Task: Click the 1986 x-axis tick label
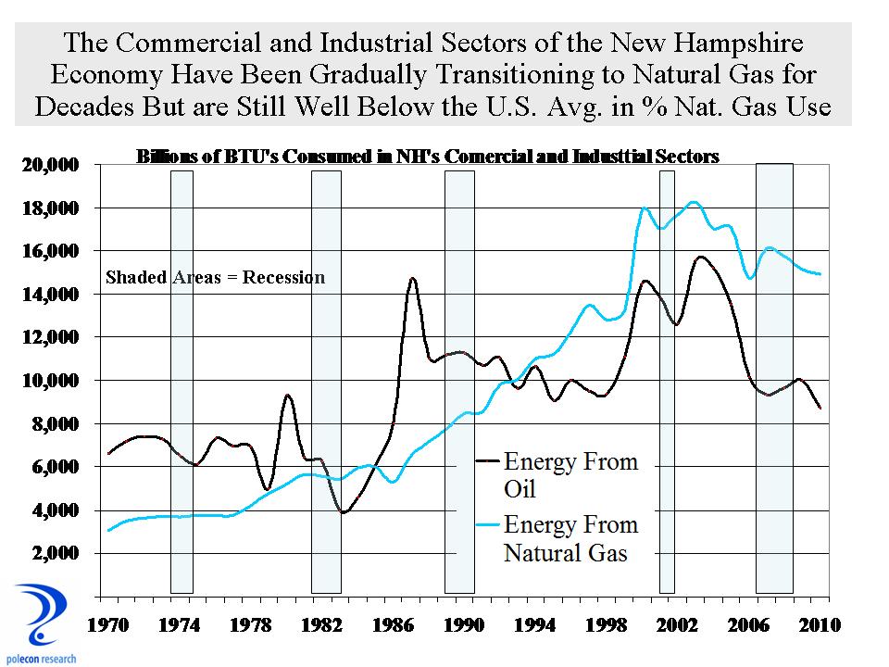coord(391,625)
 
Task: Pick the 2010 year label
coord(819,625)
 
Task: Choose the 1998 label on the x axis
coord(605,625)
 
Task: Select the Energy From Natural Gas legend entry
coord(570,538)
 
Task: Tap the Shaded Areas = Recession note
coord(215,277)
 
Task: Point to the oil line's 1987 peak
coord(412,278)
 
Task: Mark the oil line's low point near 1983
coord(344,511)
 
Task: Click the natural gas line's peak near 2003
coord(695,202)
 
